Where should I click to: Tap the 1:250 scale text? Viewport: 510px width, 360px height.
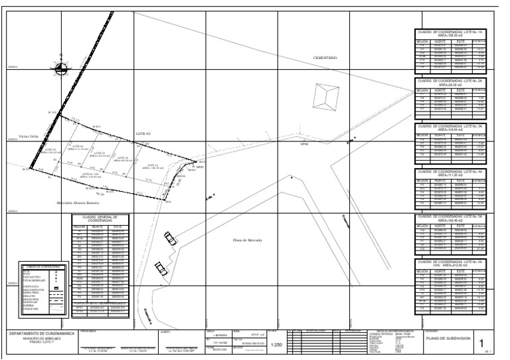point(278,345)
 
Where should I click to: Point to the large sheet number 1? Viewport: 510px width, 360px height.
point(480,343)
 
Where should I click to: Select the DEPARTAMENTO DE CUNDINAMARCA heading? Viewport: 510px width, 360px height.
point(39,335)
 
